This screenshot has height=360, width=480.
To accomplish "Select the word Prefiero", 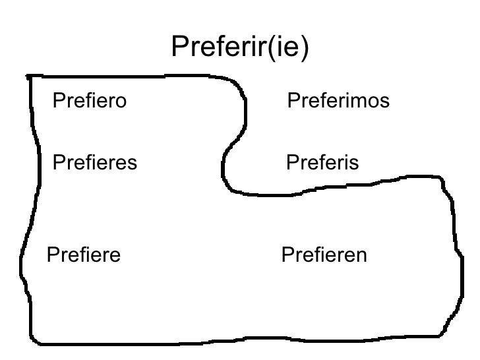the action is [x=88, y=102].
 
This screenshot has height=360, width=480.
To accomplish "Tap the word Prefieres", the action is [x=94, y=162].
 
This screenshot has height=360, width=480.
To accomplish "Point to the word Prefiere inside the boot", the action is [x=83, y=255].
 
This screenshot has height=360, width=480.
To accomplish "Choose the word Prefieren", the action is [x=324, y=255].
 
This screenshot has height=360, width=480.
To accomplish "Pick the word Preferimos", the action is [x=339, y=102].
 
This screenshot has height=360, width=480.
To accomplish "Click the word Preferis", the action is [x=322, y=162].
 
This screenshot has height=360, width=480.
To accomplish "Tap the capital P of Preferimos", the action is [x=294, y=102].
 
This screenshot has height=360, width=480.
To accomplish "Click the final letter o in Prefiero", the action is [x=120, y=102].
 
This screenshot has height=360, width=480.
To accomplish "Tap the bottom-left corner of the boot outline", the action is [x=38, y=342].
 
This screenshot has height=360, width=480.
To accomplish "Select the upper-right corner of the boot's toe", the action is [x=443, y=181].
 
